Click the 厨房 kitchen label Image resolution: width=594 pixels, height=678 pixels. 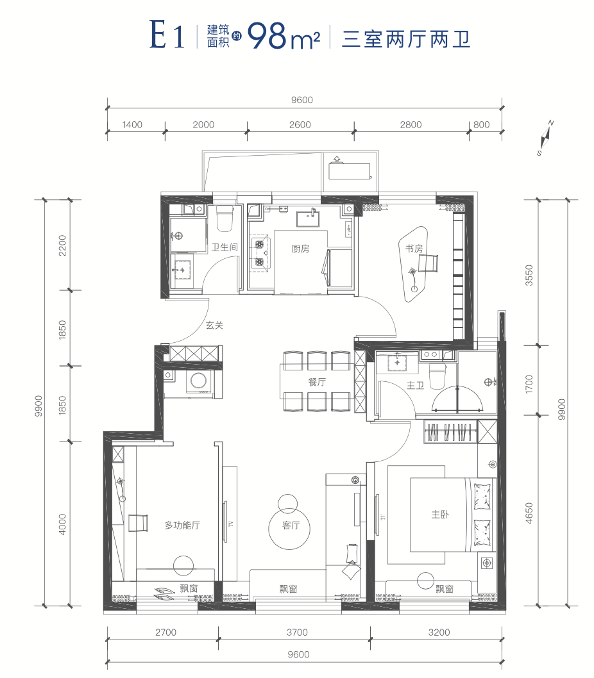(300, 249)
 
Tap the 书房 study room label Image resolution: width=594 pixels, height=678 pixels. (414, 249)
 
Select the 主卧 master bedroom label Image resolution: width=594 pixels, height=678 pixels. (440, 514)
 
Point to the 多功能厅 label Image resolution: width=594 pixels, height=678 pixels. (182, 525)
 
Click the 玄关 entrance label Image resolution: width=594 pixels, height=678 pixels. (214, 325)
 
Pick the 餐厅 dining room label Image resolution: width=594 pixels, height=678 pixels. (317, 382)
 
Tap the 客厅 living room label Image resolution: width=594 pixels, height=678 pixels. (291, 525)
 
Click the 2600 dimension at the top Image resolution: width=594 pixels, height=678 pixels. (300, 124)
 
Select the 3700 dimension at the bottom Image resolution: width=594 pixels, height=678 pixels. (297, 632)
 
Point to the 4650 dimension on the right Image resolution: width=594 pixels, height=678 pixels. (529, 513)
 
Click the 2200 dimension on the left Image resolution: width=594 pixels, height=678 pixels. (63, 245)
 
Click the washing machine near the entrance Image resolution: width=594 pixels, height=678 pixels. (199, 381)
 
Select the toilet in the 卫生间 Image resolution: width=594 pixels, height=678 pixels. (225, 219)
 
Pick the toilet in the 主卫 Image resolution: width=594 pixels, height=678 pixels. (437, 376)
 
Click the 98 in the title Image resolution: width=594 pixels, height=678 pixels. (267, 36)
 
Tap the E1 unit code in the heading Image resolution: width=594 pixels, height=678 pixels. (167, 35)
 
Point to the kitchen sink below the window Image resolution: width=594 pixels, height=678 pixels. (309, 219)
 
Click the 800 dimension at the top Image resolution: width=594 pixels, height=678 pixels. (482, 124)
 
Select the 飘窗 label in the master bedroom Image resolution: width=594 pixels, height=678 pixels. (445, 588)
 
